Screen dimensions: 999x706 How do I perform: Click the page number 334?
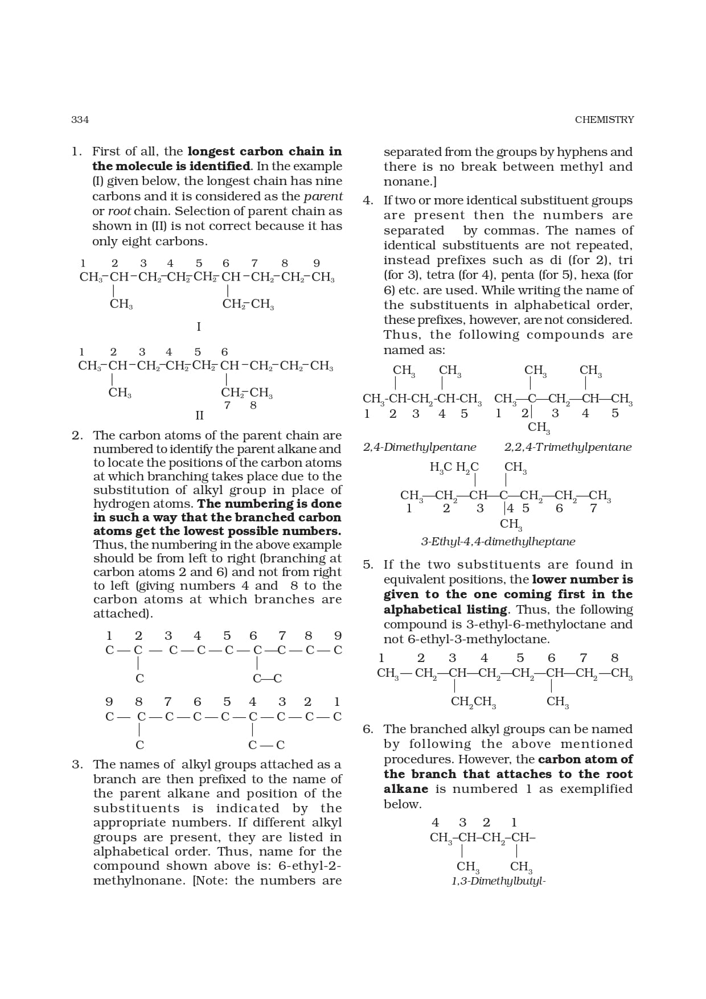point(80,120)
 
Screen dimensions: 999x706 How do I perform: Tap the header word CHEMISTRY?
point(604,120)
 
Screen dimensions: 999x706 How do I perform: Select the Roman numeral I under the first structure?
point(199,327)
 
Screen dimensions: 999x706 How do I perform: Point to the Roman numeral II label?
point(199,416)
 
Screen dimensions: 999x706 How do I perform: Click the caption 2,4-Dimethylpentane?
point(420,447)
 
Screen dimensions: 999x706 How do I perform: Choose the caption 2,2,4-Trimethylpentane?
point(568,447)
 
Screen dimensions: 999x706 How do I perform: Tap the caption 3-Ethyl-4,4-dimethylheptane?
point(498,542)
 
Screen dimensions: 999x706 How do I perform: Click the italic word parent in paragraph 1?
point(323,196)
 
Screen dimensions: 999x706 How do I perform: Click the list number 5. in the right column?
point(368,565)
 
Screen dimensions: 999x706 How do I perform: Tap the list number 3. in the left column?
point(77,764)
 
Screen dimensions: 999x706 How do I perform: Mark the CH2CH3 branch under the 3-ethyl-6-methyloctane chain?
point(473,702)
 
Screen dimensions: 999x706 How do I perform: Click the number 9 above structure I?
point(317,263)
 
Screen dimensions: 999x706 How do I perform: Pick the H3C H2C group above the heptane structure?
point(454,468)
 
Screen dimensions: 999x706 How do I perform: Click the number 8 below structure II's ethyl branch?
point(253,405)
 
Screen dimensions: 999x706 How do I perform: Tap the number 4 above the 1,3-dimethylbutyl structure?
point(436,823)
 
